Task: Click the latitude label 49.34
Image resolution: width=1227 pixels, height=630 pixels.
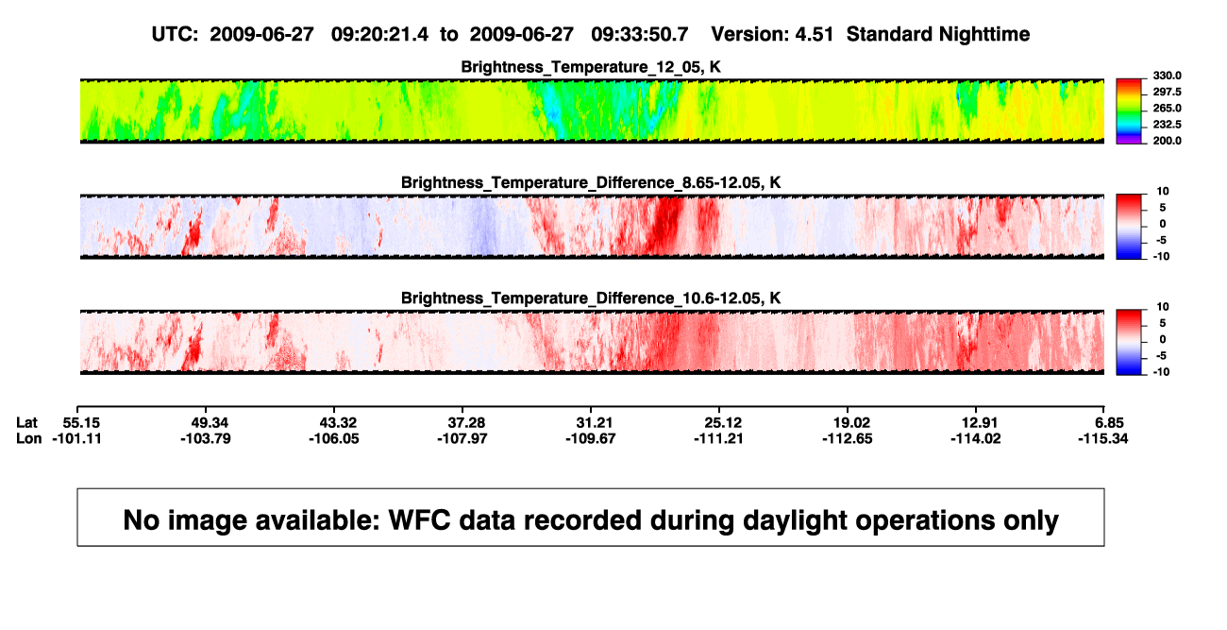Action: coord(210,423)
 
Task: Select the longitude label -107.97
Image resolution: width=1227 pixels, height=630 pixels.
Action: coord(462,438)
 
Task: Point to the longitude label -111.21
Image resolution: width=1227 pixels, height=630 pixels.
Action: coord(718,438)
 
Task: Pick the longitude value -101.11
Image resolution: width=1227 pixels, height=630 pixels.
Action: coord(76,438)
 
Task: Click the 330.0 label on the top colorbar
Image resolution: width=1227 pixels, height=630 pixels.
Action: coord(1167,76)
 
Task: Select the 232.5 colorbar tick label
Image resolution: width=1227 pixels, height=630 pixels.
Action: coord(1167,125)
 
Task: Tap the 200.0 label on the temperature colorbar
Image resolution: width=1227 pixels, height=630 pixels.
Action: coord(1167,141)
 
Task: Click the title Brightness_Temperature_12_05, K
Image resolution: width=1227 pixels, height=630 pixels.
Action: coord(591,67)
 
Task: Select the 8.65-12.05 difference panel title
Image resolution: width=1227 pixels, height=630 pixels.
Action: coord(591,182)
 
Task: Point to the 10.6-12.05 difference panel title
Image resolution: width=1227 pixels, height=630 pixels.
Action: coord(591,298)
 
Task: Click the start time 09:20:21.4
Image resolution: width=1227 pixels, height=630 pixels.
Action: coord(379,34)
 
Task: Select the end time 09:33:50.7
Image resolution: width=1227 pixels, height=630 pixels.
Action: coord(640,34)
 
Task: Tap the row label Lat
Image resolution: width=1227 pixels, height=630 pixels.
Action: coord(26,423)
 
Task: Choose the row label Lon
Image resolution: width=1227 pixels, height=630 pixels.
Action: coord(28,438)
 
